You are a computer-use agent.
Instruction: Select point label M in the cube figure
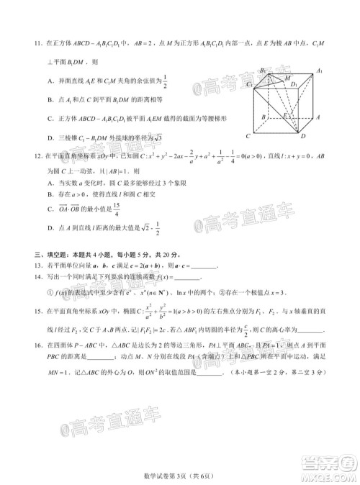[289, 77]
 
